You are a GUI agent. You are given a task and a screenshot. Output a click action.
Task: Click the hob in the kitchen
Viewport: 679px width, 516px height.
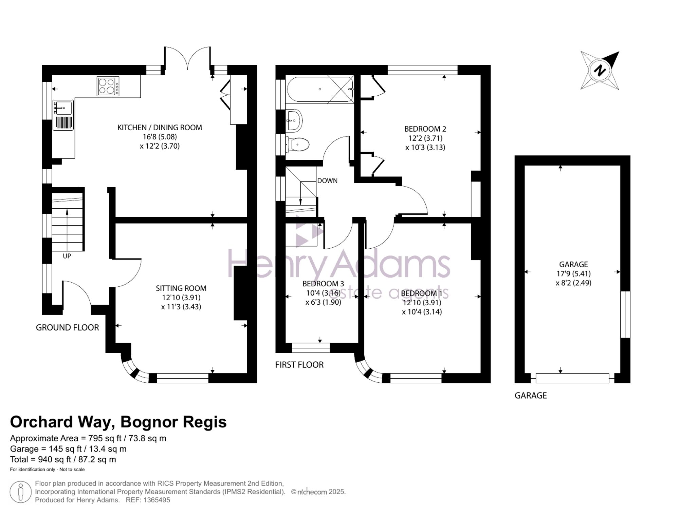[x=108, y=86]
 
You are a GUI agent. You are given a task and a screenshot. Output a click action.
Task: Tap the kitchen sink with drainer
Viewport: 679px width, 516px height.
[x=63, y=115]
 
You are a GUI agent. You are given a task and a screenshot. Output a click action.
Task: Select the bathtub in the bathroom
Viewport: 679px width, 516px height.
[x=320, y=90]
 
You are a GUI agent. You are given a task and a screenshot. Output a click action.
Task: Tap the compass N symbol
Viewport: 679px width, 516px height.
[x=600, y=71]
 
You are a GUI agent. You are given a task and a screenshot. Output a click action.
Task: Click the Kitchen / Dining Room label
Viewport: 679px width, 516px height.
[x=160, y=128]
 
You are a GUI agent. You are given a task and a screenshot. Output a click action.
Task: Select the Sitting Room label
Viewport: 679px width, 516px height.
[x=181, y=288]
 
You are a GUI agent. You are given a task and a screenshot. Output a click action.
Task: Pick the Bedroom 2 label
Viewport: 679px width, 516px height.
[x=425, y=129]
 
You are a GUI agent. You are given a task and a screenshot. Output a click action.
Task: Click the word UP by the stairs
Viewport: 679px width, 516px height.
[x=67, y=256]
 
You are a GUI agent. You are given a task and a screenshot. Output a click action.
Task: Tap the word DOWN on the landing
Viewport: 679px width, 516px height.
[x=327, y=181]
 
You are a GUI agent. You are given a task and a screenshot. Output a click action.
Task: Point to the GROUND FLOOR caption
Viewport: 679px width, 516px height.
[x=67, y=327]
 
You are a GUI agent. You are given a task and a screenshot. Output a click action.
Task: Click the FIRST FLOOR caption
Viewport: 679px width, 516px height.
[x=299, y=365]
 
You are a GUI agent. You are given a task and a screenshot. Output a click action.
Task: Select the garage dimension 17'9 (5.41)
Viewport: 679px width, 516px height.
[x=573, y=273]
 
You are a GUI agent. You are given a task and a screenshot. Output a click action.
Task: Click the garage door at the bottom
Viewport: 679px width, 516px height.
[x=572, y=378]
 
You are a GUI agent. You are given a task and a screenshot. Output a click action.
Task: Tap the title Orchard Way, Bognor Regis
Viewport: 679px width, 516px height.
[x=118, y=422]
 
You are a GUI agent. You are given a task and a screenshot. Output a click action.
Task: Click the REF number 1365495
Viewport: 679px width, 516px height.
[x=157, y=500]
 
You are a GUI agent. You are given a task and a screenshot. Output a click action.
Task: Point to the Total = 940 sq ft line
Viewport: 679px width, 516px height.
[x=63, y=460]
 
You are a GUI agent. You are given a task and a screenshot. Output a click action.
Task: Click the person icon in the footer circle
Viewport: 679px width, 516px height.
[x=21, y=492]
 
